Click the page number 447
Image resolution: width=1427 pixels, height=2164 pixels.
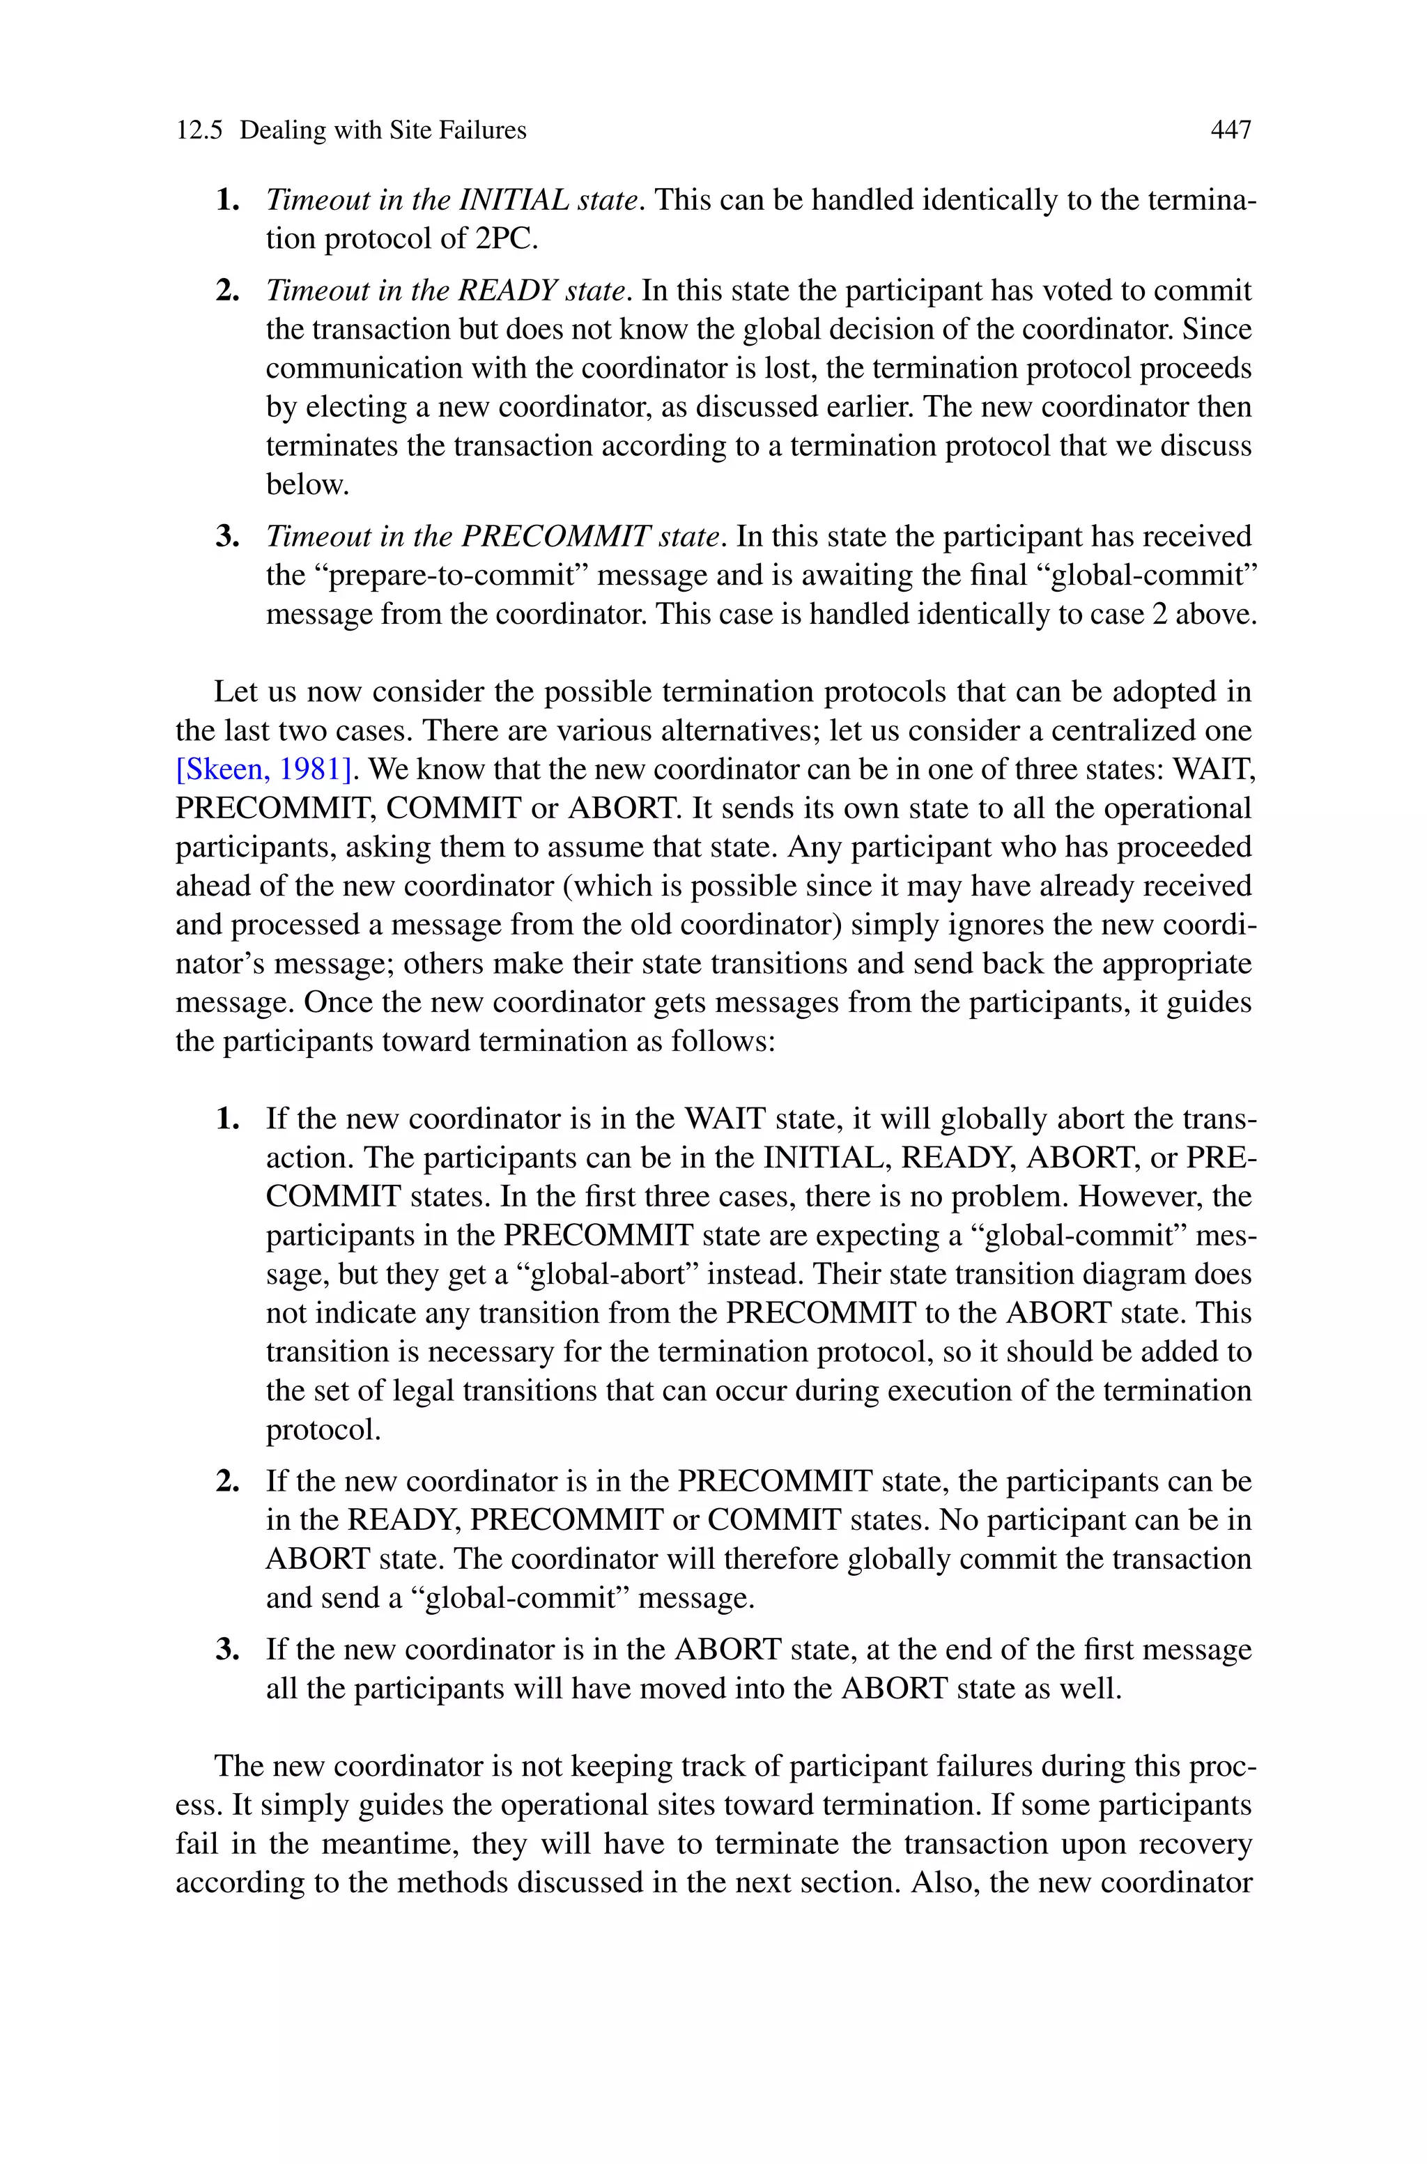click(1231, 130)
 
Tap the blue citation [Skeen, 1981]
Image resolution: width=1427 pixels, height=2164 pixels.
click(263, 770)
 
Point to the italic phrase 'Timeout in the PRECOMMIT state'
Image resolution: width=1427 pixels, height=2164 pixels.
click(495, 537)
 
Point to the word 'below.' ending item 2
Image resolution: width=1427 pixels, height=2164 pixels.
click(307, 485)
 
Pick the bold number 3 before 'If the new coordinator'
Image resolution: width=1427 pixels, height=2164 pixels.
click(226, 1650)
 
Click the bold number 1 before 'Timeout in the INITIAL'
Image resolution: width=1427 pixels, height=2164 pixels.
click(226, 200)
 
